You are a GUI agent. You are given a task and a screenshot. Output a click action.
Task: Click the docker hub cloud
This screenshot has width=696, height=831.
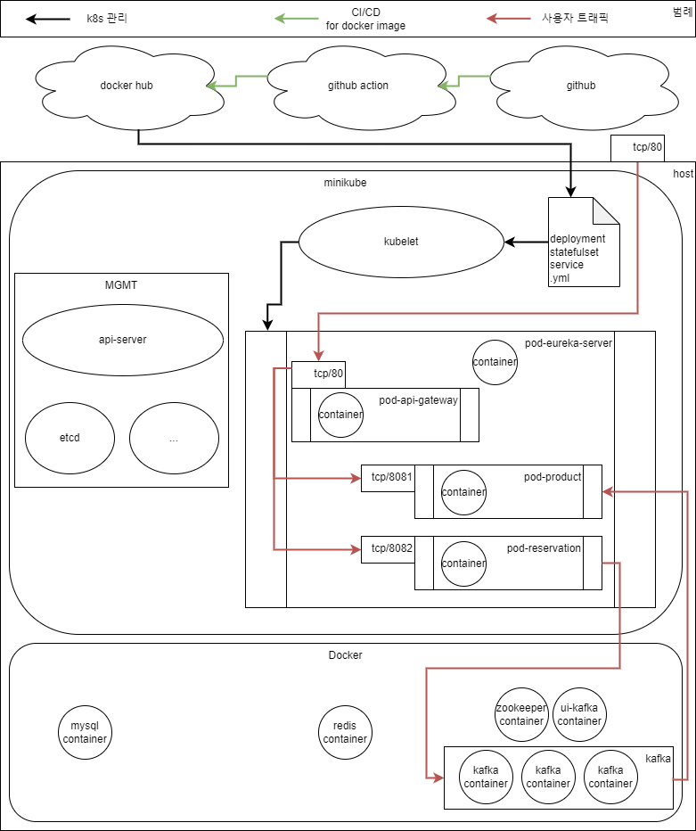pyautogui.click(x=127, y=86)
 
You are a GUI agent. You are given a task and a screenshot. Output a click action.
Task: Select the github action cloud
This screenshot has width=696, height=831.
pyautogui.click(x=358, y=86)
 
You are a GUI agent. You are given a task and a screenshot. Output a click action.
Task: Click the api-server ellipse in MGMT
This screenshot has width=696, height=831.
pyautogui.click(x=122, y=340)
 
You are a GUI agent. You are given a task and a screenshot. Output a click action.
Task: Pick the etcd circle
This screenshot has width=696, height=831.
pyautogui.click(x=70, y=438)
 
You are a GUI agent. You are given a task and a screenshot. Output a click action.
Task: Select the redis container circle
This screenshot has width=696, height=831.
pyautogui.click(x=345, y=733)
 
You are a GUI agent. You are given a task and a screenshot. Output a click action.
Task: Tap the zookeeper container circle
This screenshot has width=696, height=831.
pyautogui.click(x=521, y=714)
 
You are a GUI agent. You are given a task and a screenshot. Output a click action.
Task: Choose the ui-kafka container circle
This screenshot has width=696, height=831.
pyautogui.click(x=579, y=714)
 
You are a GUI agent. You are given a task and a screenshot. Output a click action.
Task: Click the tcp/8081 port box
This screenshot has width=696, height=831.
pyautogui.click(x=387, y=477)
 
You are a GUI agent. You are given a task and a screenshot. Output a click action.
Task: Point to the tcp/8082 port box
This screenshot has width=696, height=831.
pyautogui.click(x=387, y=548)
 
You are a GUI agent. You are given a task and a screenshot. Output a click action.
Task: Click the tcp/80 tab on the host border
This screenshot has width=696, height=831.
pyautogui.click(x=637, y=149)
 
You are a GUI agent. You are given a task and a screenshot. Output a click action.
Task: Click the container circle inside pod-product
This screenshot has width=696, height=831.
pyautogui.click(x=463, y=492)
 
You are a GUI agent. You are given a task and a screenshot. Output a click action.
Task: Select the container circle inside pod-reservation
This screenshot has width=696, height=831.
pyautogui.click(x=463, y=564)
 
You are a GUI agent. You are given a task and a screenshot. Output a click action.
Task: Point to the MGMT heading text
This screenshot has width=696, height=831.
pyautogui.click(x=121, y=284)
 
